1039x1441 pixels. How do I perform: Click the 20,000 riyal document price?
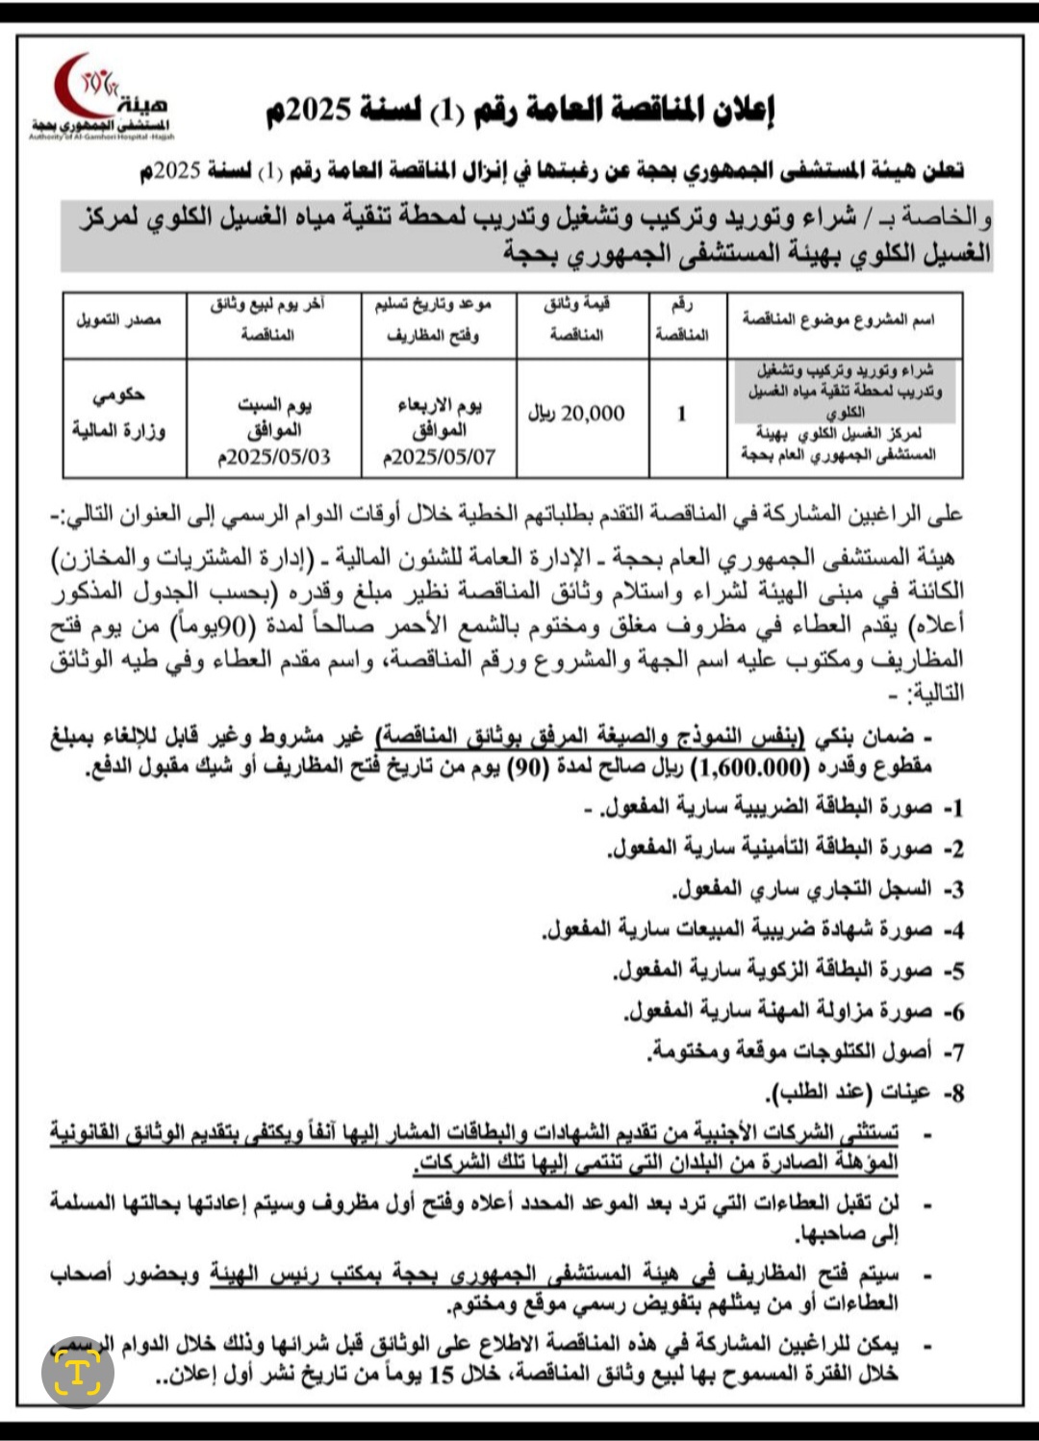click(576, 414)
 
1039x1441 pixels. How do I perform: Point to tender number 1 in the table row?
click(681, 414)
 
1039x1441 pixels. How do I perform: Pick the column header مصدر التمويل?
click(119, 319)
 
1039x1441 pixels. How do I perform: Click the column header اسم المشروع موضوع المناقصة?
click(838, 319)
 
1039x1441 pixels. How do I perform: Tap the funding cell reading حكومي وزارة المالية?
click(119, 414)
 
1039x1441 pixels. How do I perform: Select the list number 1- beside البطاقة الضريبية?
click(952, 808)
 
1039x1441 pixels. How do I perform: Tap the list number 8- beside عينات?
click(952, 1094)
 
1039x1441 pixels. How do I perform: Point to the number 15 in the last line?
click(442, 1376)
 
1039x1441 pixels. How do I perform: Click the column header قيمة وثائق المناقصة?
click(576, 319)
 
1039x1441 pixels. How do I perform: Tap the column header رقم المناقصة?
click(681, 319)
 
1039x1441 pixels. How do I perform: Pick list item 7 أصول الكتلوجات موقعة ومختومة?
click(791, 1052)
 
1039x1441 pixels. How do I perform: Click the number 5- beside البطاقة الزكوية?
click(952, 972)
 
